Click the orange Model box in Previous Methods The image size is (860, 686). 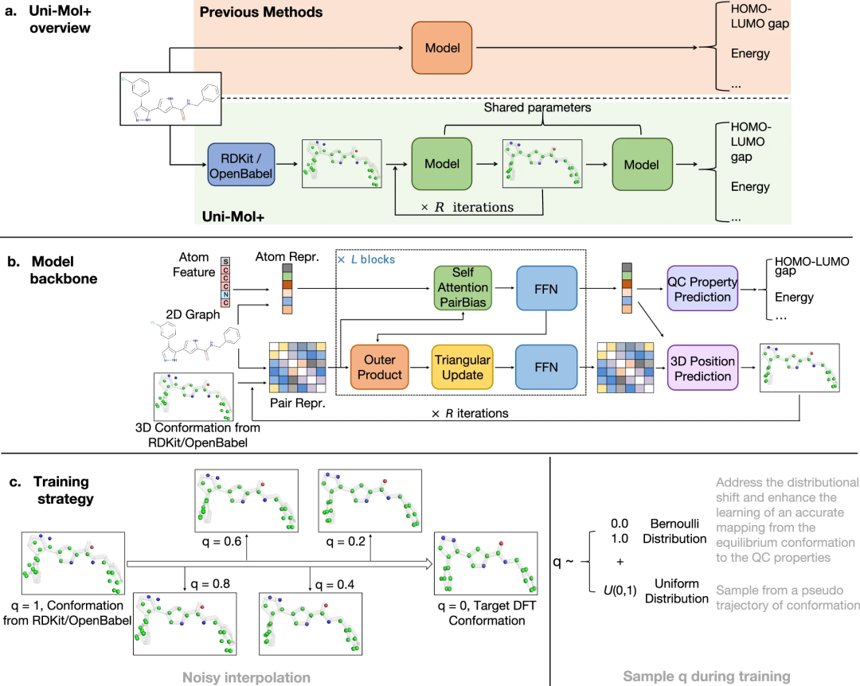[x=443, y=48]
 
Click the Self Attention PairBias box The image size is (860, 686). [x=463, y=288]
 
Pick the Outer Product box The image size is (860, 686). [x=380, y=367]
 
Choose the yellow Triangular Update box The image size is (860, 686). [x=462, y=367]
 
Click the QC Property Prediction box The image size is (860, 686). [x=702, y=288]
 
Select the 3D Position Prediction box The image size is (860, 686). [x=702, y=368]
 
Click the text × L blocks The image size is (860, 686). [x=366, y=259]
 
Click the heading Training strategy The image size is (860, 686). [x=61, y=490]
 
